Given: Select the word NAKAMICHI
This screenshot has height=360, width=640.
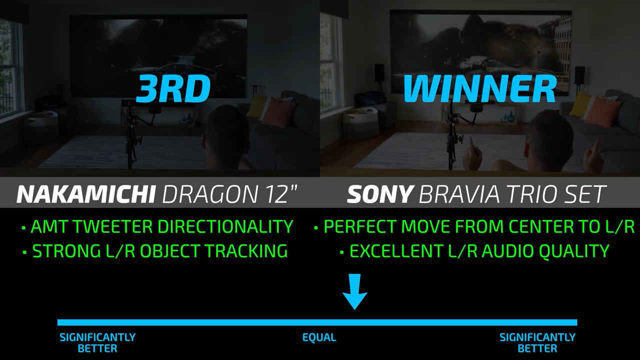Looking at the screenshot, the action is (86, 194).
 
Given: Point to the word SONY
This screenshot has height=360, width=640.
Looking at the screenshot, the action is (379, 194).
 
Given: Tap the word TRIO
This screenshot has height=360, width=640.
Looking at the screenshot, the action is (531, 194).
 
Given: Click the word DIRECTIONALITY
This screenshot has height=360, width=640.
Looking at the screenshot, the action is (225, 226).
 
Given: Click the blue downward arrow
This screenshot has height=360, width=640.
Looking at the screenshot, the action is (354, 291).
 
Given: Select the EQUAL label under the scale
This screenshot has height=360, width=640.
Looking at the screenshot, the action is (319, 337).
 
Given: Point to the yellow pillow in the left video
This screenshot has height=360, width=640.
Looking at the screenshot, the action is (256, 105).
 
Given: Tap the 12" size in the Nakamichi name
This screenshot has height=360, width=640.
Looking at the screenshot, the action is (278, 194).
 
